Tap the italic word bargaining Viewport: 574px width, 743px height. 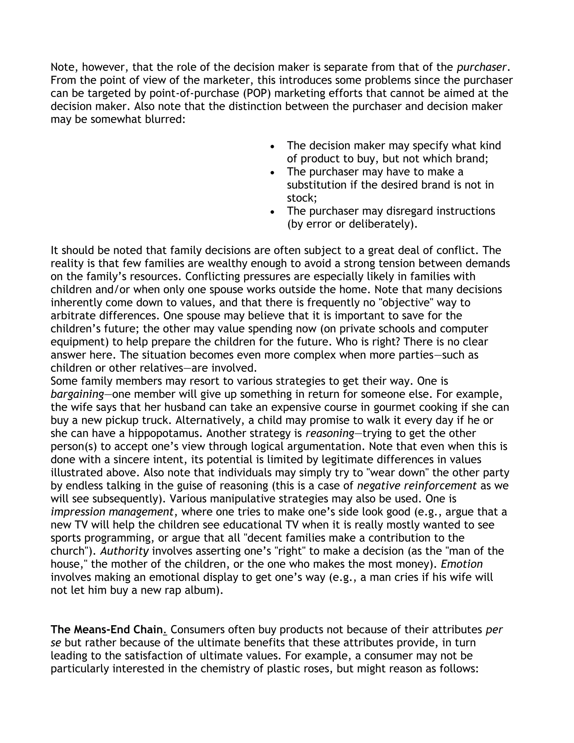pos(77,394)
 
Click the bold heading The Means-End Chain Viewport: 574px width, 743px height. pos(107,630)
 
